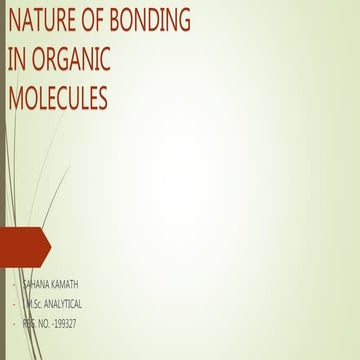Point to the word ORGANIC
68,59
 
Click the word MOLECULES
57,98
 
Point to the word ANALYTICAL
70,305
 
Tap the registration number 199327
65,324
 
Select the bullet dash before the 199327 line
14,324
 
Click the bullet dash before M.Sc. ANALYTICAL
14,305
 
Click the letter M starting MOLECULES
14,98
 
